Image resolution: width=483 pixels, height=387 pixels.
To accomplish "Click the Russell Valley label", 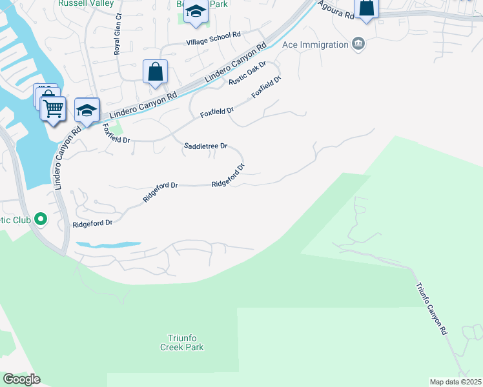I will tap(85, 3).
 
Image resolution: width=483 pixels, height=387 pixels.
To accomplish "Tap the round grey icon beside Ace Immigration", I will tap(358, 44).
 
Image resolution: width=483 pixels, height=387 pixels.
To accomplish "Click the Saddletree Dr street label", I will tap(206, 146).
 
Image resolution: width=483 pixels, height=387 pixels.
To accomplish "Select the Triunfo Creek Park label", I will tap(181, 342).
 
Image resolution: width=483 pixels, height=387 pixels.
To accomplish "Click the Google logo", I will tap(21, 379).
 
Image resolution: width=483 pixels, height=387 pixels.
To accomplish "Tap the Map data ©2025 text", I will tap(456, 382).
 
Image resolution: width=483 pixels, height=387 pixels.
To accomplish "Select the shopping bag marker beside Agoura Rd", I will tap(366, 8).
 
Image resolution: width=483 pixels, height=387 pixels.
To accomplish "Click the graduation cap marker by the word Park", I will tap(196, 12).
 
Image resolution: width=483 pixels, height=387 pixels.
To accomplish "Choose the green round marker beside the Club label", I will tap(42, 219).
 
